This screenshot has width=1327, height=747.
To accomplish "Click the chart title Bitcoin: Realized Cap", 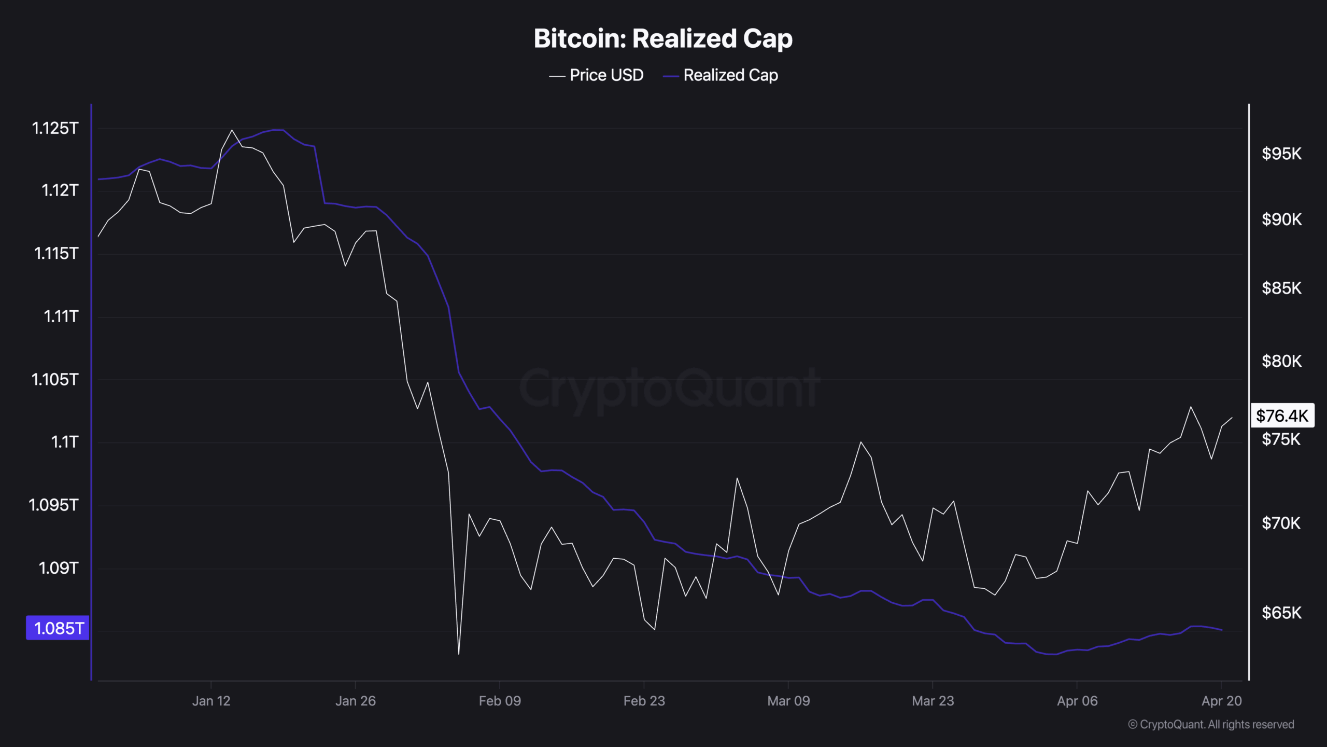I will (x=663, y=39).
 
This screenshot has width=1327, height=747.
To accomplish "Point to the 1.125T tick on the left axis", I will (x=55, y=128).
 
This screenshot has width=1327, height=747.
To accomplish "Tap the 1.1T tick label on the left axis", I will (x=65, y=442).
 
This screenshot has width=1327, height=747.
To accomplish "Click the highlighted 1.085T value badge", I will (x=58, y=628).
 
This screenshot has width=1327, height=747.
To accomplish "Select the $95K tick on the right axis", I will (x=1281, y=154).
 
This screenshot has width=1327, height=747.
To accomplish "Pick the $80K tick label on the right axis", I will (x=1281, y=361).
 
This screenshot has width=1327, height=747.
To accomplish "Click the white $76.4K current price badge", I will (x=1282, y=416).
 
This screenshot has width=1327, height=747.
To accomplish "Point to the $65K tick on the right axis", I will (x=1281, y=613).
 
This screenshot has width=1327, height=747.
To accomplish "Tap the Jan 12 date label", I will (x=211, y=701).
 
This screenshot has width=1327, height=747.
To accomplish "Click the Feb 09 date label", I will (x=500, y=701).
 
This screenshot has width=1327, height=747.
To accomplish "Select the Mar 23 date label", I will (x=933, y=701).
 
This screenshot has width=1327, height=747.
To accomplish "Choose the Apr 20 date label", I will (x=1221, y=701).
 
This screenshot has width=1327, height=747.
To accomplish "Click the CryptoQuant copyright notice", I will (x=1211, y=725).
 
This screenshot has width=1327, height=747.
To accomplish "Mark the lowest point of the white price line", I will (x=459, y=654).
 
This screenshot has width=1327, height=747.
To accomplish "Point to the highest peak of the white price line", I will (x=232, y=130).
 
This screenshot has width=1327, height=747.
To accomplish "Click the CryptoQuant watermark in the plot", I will (x=669, y=388).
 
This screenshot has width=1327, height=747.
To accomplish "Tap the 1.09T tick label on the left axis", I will (x=59, y=568).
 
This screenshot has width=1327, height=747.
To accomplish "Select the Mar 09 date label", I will (x=788, y=701).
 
